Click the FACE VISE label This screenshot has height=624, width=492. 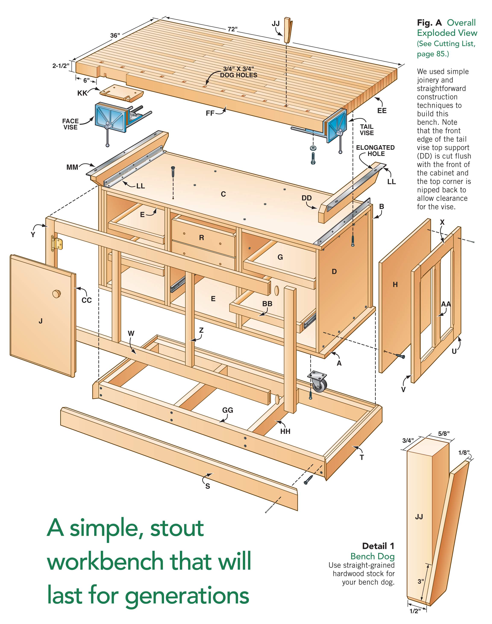pyautogui.click(x=70, y=124)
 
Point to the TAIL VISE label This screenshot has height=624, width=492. pyautogui.click(x=367, y=130)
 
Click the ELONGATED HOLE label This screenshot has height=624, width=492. pyautogui.click(x=375, y=151)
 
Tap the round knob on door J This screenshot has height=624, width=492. pyautogui.click(x=56, y=294)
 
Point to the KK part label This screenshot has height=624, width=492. pyautogui.click(x=82, y=93)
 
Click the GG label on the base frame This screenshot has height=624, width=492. pyautogui.click(x=228, y=410)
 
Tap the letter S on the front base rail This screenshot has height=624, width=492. pyautogui.click(x=207, y=486)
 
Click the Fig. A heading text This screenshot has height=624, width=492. pyautogui.click(x=429, y=23)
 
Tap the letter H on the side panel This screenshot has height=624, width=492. pyautogui.click(x=395, y=285)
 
